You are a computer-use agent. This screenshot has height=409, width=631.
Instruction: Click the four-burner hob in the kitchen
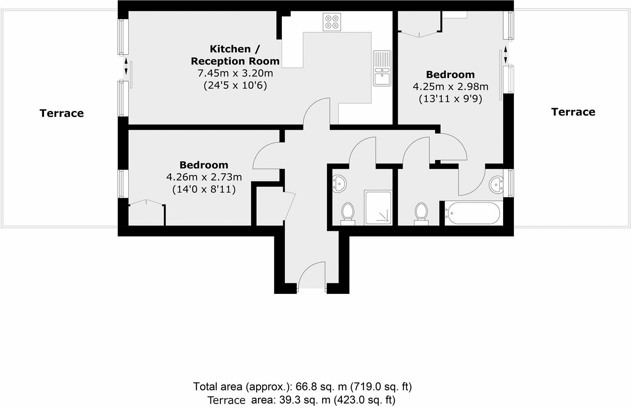point(332,22)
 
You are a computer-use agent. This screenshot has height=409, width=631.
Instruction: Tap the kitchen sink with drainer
point(382,68)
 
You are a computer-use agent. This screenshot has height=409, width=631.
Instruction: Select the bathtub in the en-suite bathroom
point(472,213)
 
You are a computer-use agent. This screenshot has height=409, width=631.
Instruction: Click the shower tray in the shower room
point(378,207)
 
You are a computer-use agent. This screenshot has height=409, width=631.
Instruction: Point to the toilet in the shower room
point(348,214)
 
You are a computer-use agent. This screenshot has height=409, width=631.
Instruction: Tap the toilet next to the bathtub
point(421,214)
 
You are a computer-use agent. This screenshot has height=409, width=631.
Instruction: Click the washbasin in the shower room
point(339,184)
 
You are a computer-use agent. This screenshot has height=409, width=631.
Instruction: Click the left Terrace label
point(62,113)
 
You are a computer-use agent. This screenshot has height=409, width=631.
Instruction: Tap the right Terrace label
point(573,112)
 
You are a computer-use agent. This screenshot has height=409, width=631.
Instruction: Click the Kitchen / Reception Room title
point(235,55)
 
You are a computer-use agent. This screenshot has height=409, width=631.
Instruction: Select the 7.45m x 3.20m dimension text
point(235,73)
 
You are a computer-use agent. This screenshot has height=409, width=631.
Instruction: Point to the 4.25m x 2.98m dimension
point(450,86)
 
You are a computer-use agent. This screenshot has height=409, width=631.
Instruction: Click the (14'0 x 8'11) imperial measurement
point(204,189)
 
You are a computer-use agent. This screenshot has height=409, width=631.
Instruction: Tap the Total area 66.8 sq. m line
point(302,387)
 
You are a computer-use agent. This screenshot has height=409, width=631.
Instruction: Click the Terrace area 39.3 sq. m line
point(301,400)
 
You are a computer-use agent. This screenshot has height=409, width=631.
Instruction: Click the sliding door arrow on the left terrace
point(126,66)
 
